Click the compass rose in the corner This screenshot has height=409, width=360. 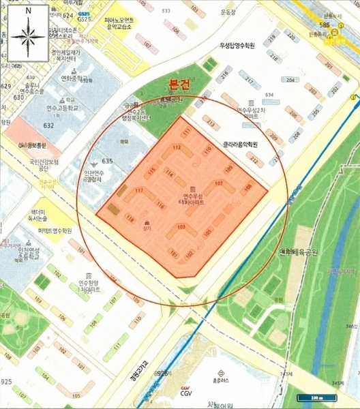26,33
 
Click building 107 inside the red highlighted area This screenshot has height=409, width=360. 218,183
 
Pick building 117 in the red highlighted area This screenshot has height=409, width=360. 139,191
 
